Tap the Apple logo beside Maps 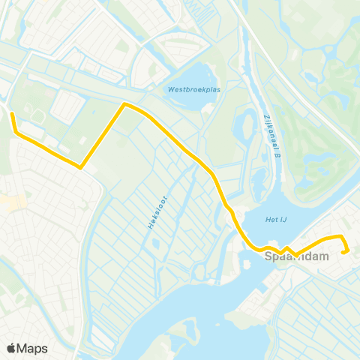(12, 348)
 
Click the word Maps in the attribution (32, 348)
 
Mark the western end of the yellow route (11, 113)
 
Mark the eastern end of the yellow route (343, 252)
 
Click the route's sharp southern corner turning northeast (80, 168)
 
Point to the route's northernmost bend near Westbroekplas (124, 105)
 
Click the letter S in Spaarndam (269, 257)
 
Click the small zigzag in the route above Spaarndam (286, 249)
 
